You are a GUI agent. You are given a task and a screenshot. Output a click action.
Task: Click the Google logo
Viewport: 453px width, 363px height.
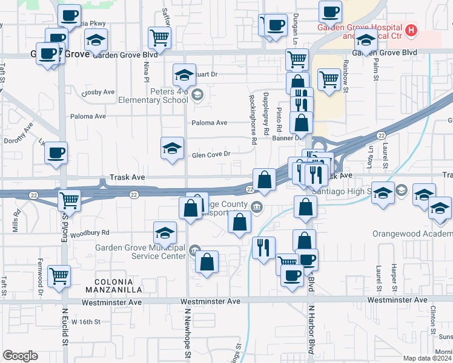(x=20, y=356)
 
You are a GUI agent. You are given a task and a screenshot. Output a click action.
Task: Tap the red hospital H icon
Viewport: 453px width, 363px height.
(x=412, y=30)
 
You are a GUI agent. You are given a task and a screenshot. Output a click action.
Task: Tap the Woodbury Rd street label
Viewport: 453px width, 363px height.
(x=89, y=232)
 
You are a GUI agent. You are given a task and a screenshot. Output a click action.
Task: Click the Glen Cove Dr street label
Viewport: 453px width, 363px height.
(x=211, y=154)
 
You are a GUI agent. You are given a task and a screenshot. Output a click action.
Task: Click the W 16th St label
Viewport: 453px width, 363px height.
(x=85, y=322)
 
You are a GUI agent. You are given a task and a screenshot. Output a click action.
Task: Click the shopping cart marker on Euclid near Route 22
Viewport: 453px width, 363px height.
(x=70, y=200)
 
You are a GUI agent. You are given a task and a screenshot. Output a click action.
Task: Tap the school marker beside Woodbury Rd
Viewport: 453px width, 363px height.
(x=165, y=232)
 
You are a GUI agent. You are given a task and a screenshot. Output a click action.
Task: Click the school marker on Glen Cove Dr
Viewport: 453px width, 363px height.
(x=172, y=148)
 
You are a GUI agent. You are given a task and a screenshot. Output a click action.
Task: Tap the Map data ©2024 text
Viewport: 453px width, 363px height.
(x=427, y=358)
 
